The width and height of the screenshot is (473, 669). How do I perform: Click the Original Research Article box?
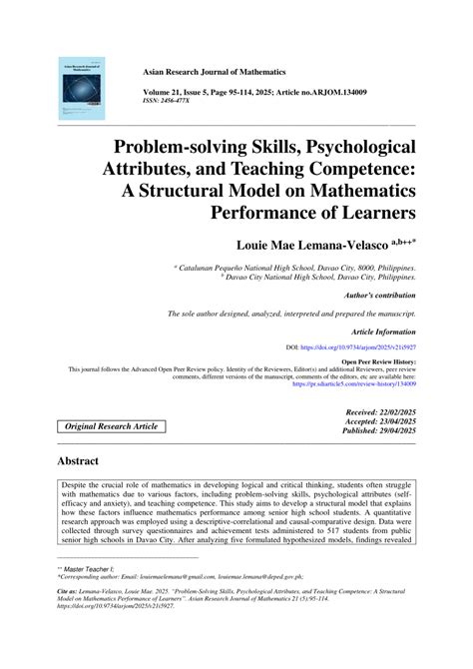112,426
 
